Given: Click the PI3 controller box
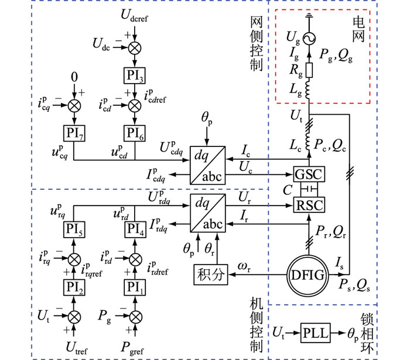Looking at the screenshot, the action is click(x=134, y=76).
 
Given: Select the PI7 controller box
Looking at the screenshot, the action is click(x=74, y=133).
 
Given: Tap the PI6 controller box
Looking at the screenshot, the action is click(x=134, y=133).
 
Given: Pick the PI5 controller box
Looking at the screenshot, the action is click(x=74, y=229).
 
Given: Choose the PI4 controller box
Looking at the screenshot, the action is click(x=135, y=229).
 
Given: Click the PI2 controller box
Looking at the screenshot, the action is click(x=74, y=287).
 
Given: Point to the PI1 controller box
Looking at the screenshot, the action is click(x=135, y=287).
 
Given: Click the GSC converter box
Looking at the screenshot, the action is click(x=309, y=174).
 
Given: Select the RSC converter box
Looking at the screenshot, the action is click(x=309, y=205).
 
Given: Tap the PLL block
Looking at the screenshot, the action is click(x=315, y=333).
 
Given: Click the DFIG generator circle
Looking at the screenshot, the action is click(x=307, y=276).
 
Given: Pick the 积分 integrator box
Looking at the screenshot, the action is click(x=211, y=275).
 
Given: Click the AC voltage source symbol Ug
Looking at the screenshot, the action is click(x=309, y=39).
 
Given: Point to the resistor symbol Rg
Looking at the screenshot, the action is click(x=309, y=70).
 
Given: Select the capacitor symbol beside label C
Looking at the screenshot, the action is click(x=309, y=188).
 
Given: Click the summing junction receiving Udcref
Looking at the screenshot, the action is click(x=135, y=48).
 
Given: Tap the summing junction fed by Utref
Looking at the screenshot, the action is click(x=74, y=317).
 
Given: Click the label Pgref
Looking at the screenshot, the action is click(x=132, y=348).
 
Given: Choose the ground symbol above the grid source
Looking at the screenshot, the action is click(x=309, y=15).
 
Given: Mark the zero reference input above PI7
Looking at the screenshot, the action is click(x=74, y=77).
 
